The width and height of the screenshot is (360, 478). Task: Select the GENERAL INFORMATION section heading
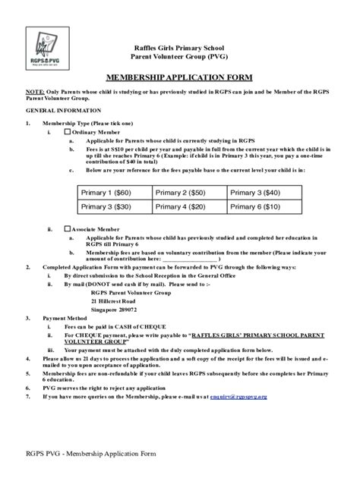(55, 110)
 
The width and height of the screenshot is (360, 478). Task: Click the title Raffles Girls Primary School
(180, 47)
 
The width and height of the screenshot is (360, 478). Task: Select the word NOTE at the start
(35, 91)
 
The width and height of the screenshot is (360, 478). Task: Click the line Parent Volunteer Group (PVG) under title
(180, 56)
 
